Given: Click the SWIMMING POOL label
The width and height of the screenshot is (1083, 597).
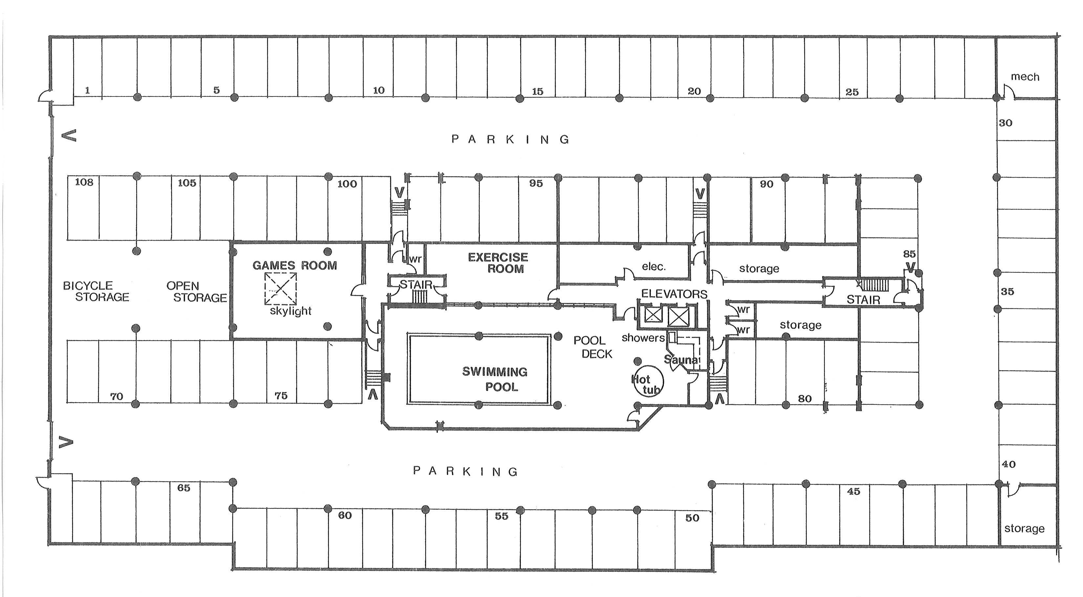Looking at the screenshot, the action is point(495,379).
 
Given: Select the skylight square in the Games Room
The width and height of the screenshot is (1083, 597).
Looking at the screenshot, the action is point(280,288).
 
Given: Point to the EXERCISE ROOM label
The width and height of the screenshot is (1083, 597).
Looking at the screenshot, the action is point(498,263).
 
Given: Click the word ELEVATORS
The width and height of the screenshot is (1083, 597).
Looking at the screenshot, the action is point(674,294).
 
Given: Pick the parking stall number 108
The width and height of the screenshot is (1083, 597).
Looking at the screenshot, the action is point(84,182).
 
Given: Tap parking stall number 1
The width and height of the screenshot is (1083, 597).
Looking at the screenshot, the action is point(87,90).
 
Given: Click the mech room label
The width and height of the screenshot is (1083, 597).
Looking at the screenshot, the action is point(1025,76).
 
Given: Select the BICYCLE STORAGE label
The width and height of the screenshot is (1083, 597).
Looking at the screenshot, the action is point(96,291).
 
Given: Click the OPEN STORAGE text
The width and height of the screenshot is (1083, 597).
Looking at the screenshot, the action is point(196,292).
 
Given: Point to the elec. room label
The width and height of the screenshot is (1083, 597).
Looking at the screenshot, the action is point(654,266).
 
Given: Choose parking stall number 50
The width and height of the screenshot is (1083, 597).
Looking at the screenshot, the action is point(692,518).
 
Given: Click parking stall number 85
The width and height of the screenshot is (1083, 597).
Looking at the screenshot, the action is point(909,254).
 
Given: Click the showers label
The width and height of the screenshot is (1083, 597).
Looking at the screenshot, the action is point(643,338).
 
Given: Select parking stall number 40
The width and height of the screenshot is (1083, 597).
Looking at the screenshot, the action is point(1009,464).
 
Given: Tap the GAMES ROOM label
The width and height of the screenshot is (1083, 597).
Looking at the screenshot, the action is point(294,265).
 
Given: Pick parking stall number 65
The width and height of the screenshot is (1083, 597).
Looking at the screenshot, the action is point(184,488).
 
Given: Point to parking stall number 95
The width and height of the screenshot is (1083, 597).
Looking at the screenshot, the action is point(536,183).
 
